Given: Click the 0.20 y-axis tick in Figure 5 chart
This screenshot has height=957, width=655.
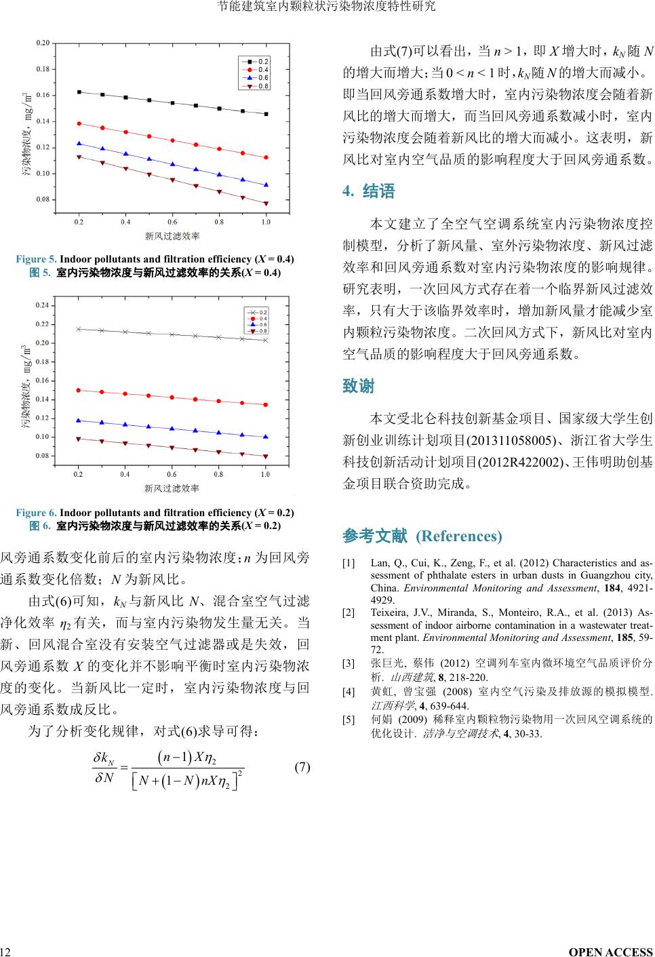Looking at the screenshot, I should coord(42,43).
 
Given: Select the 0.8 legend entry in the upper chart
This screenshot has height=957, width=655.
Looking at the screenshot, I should coord(256,86).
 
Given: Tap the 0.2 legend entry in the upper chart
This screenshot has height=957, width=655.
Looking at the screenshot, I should coord(256,62).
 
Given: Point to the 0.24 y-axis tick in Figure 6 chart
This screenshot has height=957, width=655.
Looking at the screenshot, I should coord(42,306).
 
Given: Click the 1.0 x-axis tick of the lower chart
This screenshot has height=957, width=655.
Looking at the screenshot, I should coord(265,475).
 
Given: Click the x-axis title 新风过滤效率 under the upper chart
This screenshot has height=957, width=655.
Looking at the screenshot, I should coord(172,236).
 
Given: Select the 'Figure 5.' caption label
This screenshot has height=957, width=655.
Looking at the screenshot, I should coord(36,259).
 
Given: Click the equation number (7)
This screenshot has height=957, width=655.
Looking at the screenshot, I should coord(302,767).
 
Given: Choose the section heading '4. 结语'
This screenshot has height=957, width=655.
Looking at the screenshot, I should coord(369,192).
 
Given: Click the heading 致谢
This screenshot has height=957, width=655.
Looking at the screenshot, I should coord(359,387).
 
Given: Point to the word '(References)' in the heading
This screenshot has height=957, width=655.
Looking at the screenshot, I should coord(459,536).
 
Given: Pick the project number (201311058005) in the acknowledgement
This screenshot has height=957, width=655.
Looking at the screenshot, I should coord(509,440).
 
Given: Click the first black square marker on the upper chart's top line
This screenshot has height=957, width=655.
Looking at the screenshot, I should coord(79,92).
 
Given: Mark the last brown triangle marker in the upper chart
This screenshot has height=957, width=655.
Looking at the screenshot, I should coord(266,203).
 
